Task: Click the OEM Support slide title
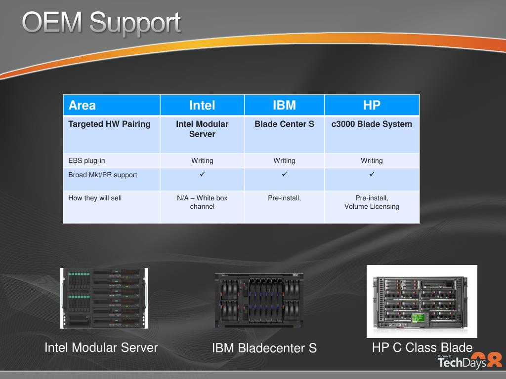(x=101, y=23)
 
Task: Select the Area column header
(x=82, y=106)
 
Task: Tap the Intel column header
(x=202, y=106)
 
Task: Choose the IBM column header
(x=284, y=105)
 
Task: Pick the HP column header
(x=372, y=105)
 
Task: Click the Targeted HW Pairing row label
(x=109, y=124)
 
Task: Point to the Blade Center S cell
(x=284, y=124)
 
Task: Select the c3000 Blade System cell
(x=372, y=124)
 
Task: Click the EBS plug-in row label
(x=86, y=160)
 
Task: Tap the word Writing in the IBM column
(x=284, y=160)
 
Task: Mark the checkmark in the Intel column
(x=202, y=174)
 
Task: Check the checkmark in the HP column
(x=372, y=174)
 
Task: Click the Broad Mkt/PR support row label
(x=103, y=175)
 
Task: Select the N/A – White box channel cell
(x=202, y=202)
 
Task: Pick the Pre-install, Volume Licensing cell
(x=372, y=202)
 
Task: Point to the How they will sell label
(x=95, y=198)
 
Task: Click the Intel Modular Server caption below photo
(x=101, y=347)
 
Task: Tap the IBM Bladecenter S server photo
(x=259, y=301)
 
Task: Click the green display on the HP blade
(x=418, y=318)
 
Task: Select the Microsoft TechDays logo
(x=470, y=360)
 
